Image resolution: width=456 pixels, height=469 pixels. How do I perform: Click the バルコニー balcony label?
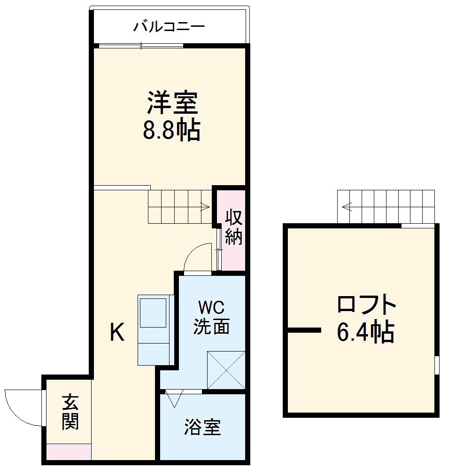click(x=169, y=26)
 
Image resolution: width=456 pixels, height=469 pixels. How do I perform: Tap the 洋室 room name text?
click(x=172, y=103)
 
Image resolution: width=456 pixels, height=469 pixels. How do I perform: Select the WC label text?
click(x=211, y=308)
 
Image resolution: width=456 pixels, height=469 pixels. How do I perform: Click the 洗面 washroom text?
click(x=212, y=326)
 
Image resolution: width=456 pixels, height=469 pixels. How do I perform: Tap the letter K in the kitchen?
click(x=117, y=333)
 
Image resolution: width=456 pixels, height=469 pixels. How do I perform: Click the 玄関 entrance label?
click(x=70, y=412)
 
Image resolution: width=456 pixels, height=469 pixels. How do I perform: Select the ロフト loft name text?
click(x=367, y=305)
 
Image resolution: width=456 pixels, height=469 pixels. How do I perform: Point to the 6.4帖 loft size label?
click(x=365, y=332)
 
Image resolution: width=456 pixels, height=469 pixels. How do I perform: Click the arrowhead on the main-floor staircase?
click(x=205, y=206)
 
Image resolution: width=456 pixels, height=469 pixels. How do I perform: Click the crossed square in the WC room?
click(x=226, y=370)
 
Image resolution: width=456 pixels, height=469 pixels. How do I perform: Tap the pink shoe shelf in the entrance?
click(x=69, y=452)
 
